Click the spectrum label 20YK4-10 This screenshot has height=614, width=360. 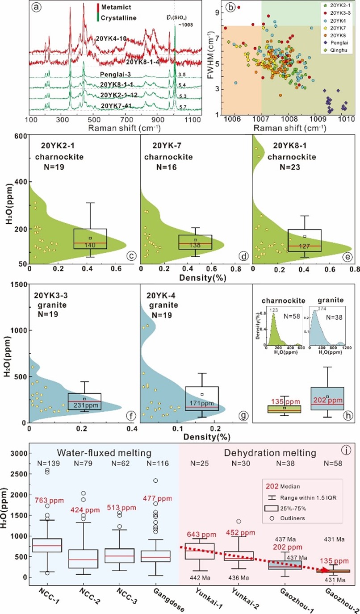(112, 39)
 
